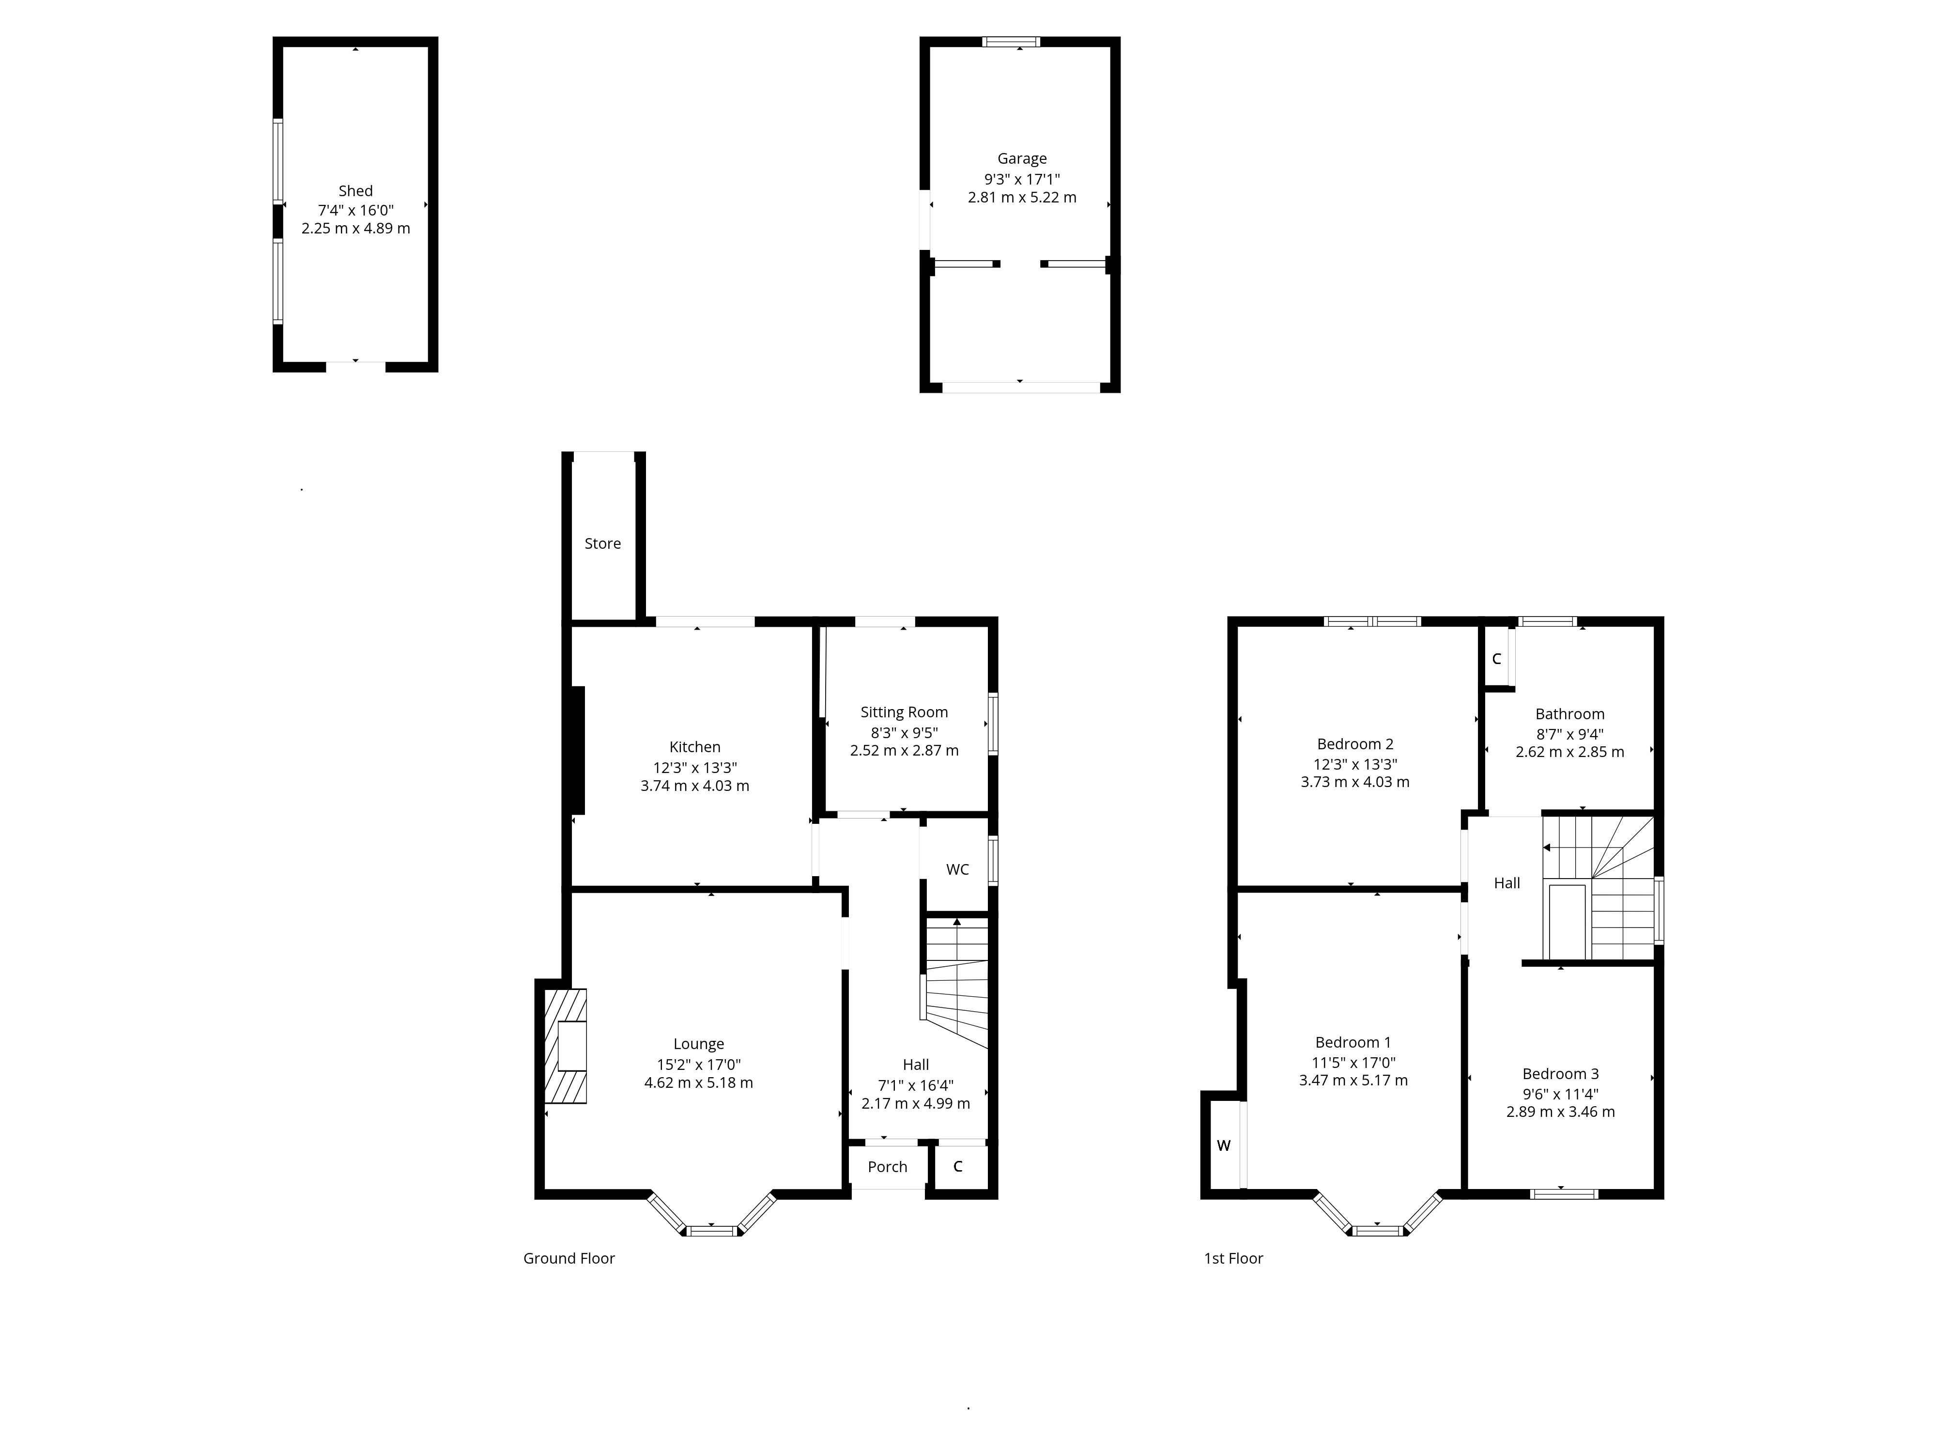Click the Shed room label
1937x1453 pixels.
(x=355, y=191)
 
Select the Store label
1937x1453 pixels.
(x=602, y=544)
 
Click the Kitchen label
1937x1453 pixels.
(x=694, y=747)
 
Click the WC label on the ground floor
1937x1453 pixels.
(x=957, y=870)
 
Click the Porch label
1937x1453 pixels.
(x=887, y=1167)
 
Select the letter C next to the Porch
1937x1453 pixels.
(x=958, y=1167)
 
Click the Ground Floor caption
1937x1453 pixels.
(x=569, y=1259)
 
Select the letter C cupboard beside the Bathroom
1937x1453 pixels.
(x=1496, y=659)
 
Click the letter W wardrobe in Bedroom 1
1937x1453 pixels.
(x=1223, y=1145)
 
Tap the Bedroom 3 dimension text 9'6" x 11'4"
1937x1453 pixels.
(x=1560, y=1094)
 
